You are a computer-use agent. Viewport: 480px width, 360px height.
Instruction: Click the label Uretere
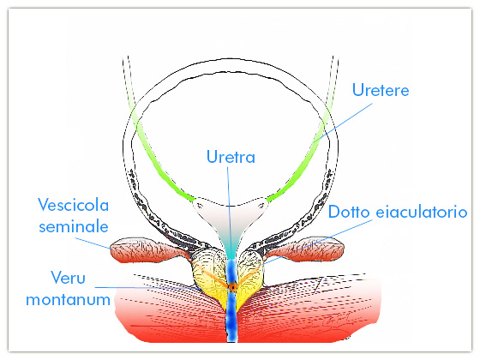pos(381,90)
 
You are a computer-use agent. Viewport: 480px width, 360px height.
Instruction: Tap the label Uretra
pos(231,157)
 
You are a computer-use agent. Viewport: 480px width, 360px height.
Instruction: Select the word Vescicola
pos(74,205)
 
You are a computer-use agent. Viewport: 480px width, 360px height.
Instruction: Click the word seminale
pos(74,227)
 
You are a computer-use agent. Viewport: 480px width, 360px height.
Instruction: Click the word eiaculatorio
pos(422,212)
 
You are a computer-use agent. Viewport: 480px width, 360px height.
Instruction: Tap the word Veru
pos(69,278)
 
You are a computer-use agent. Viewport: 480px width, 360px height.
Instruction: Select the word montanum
pos(69,299)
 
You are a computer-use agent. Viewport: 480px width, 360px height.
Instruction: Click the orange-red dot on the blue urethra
pos(232,287)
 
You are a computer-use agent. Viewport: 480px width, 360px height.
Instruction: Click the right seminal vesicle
pos(306,249)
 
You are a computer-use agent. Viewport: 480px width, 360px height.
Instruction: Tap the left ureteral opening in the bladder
pos(200,202)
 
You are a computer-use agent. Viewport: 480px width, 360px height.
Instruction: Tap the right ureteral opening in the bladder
pos(261,203)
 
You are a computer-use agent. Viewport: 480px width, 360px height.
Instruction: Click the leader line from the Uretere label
pos(343,122)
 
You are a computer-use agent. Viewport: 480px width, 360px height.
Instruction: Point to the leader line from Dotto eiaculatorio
pos(317,242)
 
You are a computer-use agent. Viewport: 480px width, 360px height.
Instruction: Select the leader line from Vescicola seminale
pos(93,243)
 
